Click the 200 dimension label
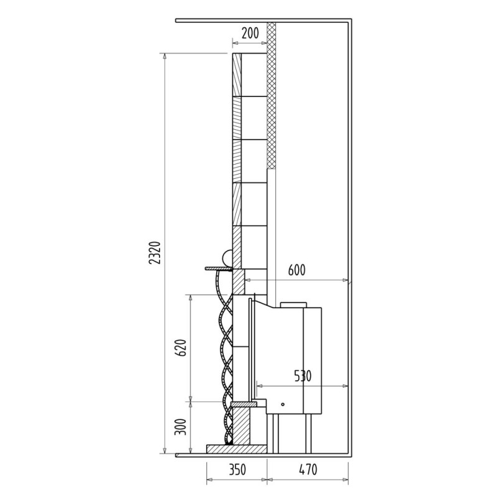[250, 33]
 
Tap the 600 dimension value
[297, 270]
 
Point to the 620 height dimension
[181, 348]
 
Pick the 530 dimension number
[303, 376]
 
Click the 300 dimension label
[181, 427]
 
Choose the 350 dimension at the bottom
[237, 470]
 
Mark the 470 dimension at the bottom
[308, 470]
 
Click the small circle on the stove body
[283, 404]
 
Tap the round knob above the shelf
[227, 258]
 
